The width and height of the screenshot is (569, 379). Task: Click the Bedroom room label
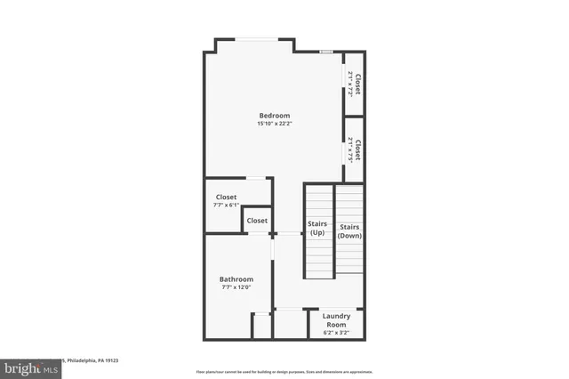click(274, 116)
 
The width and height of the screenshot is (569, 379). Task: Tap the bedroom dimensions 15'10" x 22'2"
click(274, 124)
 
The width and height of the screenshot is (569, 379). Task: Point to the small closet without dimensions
click(257, 221)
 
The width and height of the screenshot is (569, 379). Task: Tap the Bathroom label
click(236, 278)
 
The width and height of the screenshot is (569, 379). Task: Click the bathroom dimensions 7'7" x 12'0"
click(236, 286)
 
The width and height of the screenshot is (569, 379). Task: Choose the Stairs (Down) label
click(349, 231)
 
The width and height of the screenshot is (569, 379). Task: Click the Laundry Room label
click(336, 320)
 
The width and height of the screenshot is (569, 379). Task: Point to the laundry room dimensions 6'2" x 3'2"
click(336, 332)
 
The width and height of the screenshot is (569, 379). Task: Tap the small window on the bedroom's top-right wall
click(326, 52)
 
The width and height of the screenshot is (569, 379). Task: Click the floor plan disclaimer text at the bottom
click(284, 371)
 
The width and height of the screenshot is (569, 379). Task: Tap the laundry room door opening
click(290, 309)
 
